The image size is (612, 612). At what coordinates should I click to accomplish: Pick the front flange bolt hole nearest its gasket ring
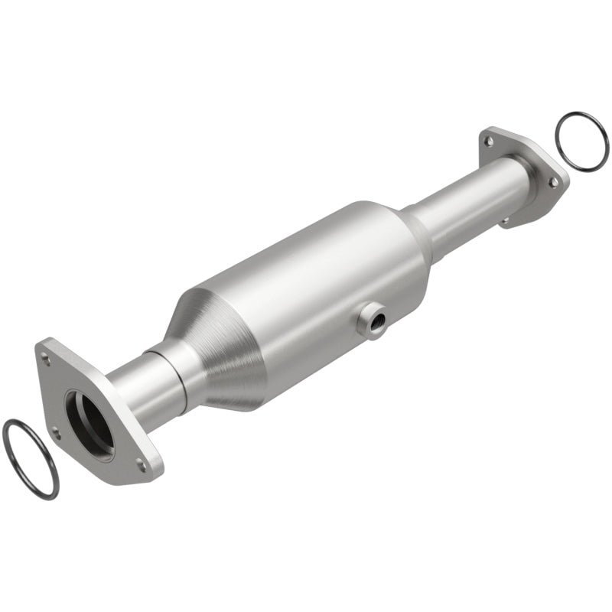coord(55,433)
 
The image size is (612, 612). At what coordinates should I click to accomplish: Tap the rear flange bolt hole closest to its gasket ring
coord(552,181)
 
